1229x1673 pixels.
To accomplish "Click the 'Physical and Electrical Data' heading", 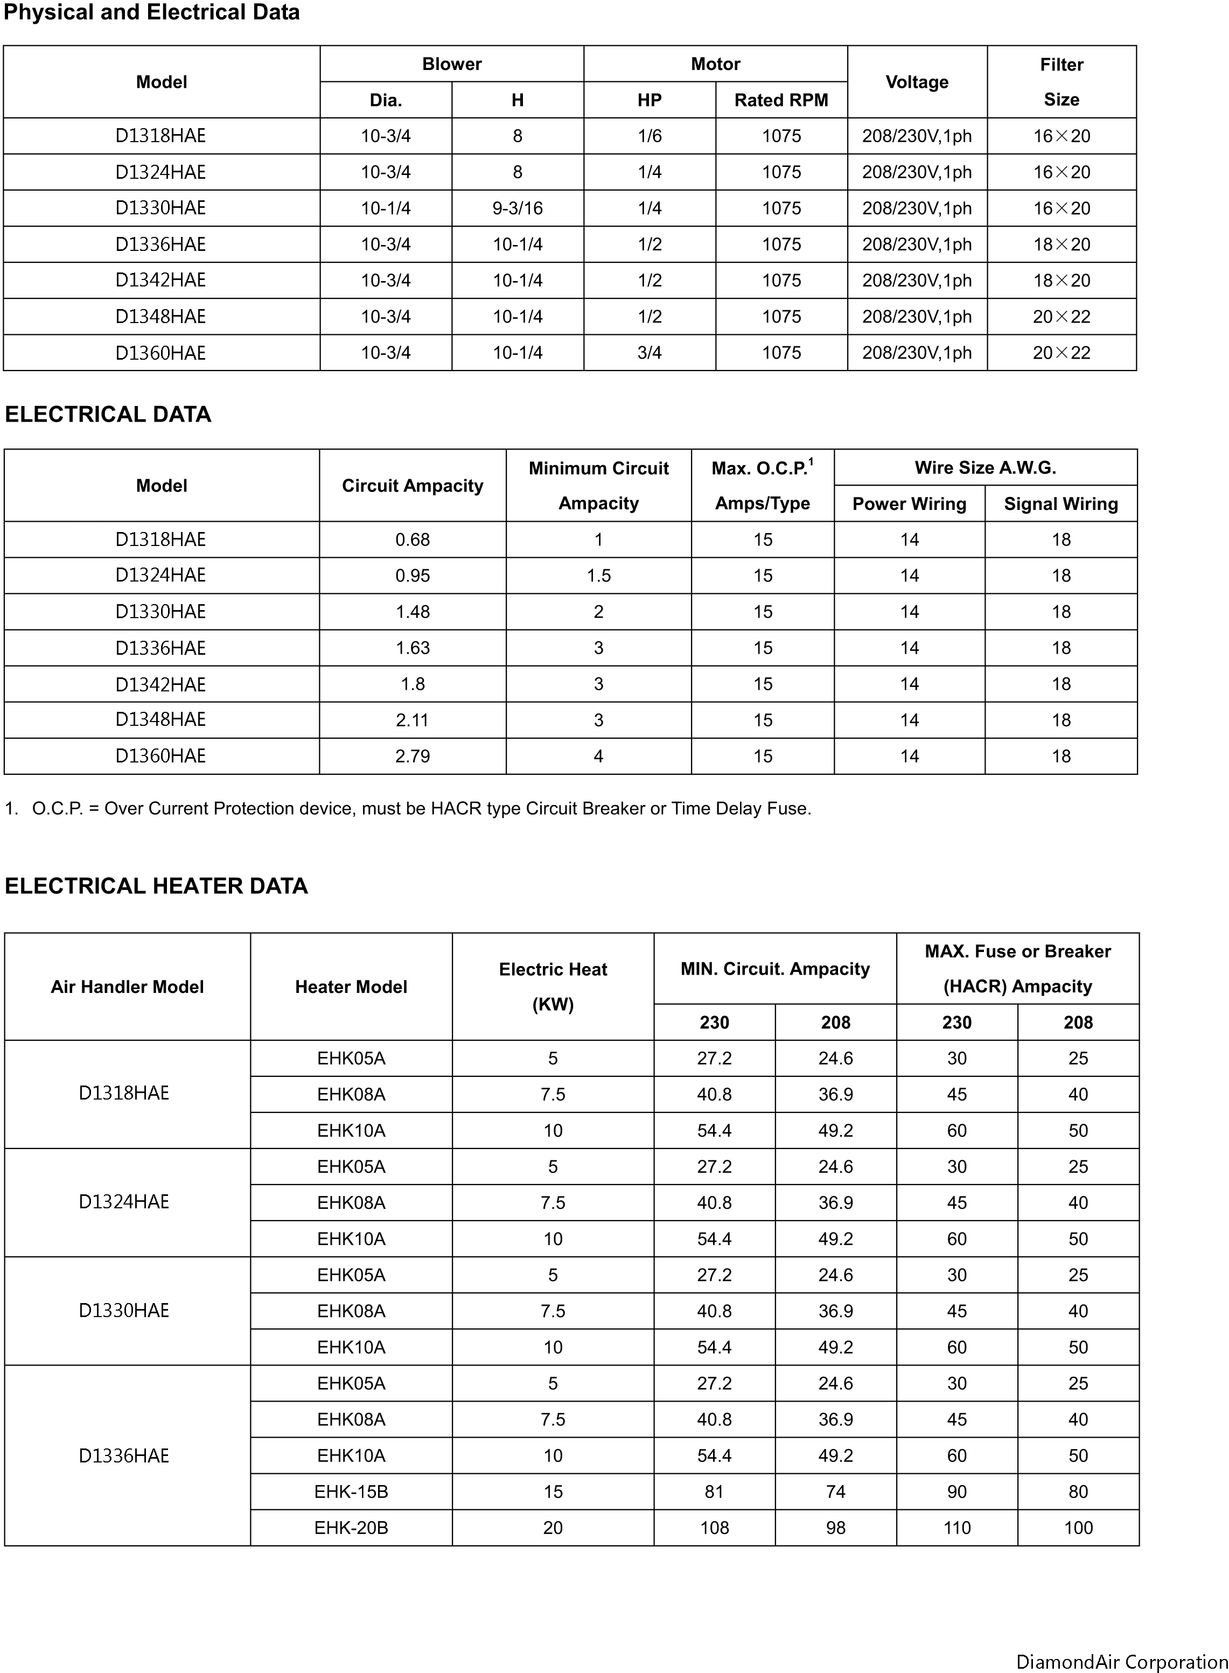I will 152,12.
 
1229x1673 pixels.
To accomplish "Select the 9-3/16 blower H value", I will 517,208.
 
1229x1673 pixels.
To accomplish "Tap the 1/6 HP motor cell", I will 650,136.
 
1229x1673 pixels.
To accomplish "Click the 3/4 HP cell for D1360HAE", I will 650,353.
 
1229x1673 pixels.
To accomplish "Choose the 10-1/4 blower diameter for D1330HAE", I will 386,208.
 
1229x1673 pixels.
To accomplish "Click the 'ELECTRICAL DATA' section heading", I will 108,414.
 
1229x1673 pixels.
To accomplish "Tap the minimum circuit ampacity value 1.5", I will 598,576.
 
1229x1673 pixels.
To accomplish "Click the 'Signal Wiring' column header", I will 1061,503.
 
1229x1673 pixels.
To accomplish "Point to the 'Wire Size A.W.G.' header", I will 985,467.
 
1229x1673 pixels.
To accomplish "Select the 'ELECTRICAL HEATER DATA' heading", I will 156,886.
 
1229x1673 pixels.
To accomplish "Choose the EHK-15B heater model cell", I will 351,1492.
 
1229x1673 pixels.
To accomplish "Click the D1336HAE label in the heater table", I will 124,1456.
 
